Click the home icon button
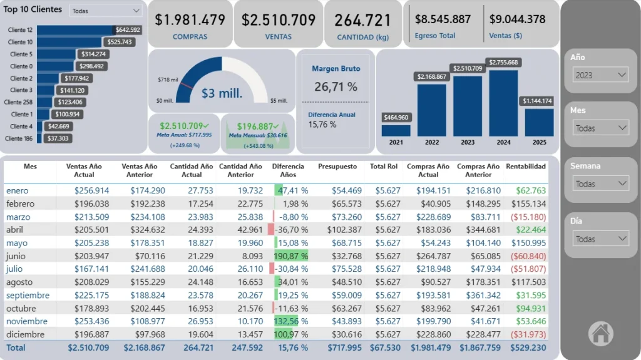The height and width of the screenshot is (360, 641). [x=600, y=333]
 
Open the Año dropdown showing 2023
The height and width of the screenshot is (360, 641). [x=600, y=75]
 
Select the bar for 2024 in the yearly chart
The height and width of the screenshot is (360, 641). [x=503, y=103]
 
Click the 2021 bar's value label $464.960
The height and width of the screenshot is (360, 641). [x=396, y=117]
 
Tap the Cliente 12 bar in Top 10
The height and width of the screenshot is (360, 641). [x=75, y=30]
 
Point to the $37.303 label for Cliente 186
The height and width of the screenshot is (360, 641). [x=58, y=138]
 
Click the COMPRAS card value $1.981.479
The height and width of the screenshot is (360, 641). [x=190, y=20]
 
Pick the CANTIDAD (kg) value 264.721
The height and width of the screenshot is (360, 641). [x=362, y=20]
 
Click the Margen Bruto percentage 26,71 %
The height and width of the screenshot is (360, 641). [x=336, y=86]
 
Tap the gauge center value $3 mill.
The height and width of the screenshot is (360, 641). [x=222, y=94]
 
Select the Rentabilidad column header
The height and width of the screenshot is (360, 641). [x=525, y=167]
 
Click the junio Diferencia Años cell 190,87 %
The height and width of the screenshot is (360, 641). [x=291, y=256]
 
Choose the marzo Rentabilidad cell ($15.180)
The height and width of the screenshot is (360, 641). [x=528, y=217]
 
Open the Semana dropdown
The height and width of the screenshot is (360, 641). [x=600, y=184]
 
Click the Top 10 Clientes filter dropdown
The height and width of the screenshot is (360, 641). [x=105, y=11]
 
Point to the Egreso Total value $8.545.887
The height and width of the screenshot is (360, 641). [x=443, y=19]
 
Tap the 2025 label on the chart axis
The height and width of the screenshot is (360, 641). [x=539, y=142]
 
